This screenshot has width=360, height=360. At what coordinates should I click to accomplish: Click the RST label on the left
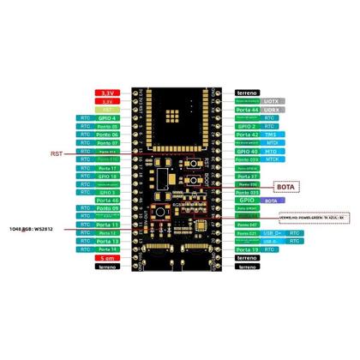tap(57, 154)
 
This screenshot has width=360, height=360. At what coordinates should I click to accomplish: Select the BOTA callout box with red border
tap(285, 185)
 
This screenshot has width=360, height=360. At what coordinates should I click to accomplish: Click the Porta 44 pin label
tap(246, 110)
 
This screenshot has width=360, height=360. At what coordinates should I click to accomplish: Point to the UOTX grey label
tap(272, 101)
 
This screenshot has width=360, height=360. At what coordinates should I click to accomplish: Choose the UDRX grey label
tap(272, 110)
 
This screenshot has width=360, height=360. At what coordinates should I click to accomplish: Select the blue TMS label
tap(271, 135)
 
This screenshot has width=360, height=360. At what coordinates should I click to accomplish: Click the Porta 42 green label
tap(246, 135)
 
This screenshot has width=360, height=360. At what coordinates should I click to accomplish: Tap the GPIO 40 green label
tap(246, 151)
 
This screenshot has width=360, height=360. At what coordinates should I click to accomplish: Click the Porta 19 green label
tap(246, 249)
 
